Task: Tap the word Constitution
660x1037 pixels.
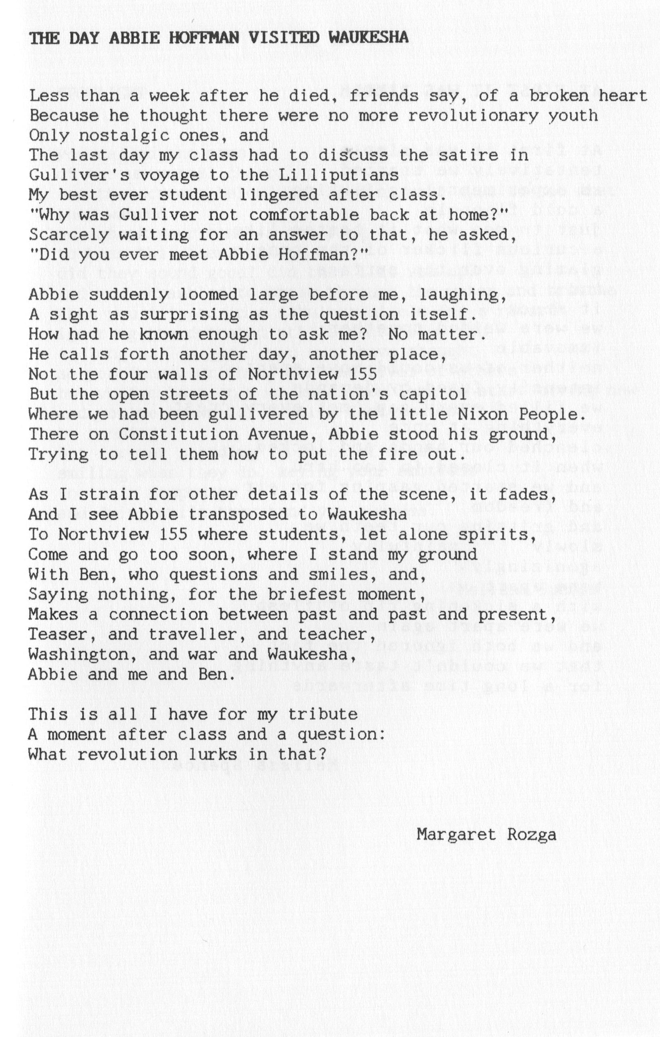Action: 178,435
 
